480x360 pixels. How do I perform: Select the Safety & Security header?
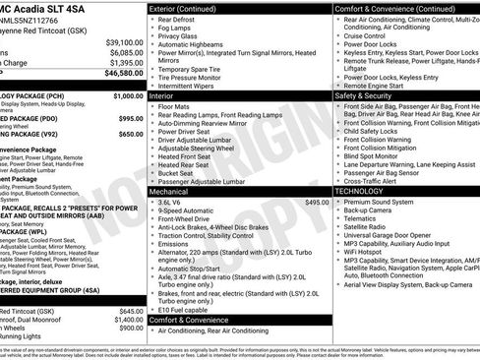[369, 96]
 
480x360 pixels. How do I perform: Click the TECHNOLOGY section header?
[367, 191]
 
